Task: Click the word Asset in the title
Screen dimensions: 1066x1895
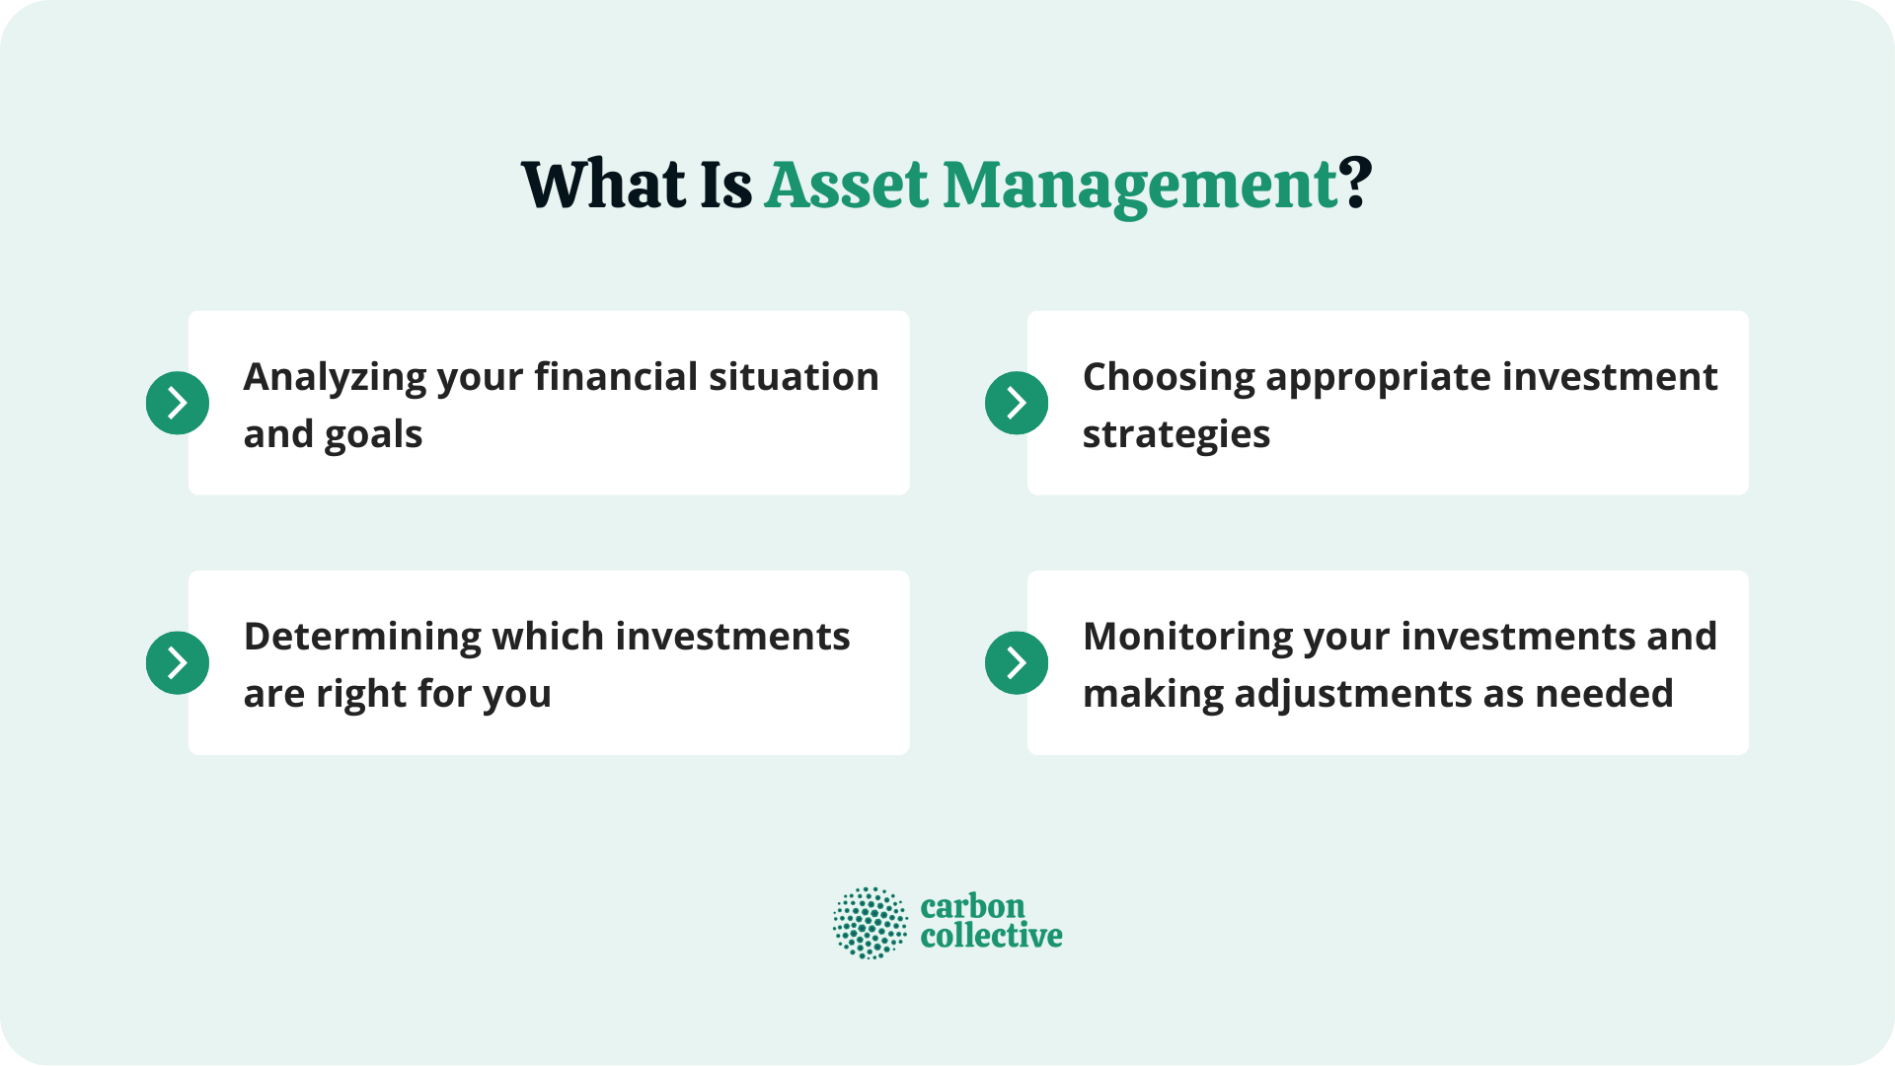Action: pos(847,186)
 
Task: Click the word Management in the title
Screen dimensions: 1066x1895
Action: pos(1140,186)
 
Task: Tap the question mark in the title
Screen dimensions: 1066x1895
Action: pos(1356,184)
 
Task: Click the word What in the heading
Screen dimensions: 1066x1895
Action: pos(603,186)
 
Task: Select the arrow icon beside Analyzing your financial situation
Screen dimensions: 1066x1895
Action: pos(178,403)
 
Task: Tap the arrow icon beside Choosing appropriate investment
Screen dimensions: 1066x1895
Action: pos(1017,403)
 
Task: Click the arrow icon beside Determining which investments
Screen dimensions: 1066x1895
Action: pos(178,662)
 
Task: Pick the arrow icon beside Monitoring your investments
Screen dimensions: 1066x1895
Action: pos(1017,662)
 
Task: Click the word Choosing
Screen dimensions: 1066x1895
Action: pos(1169,378)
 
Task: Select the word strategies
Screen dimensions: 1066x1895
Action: pos(1176,435)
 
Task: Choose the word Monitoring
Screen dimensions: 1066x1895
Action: pos(1187,637)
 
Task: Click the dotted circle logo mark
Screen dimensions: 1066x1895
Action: pos(870,923)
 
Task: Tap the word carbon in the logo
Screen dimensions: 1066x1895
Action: pos(972,906)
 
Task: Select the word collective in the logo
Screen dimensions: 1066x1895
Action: pos(991,937)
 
